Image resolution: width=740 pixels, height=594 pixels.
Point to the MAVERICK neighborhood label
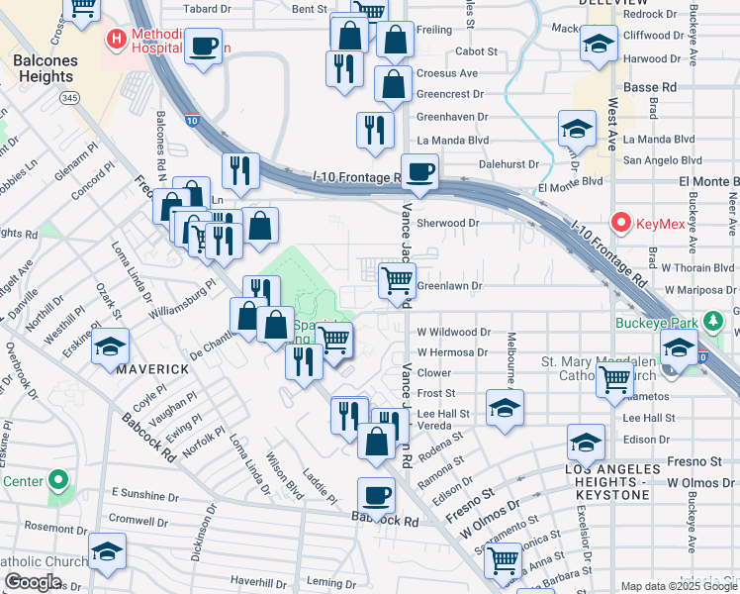[x=152, y=369]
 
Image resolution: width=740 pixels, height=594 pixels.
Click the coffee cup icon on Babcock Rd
[x=375, y=494]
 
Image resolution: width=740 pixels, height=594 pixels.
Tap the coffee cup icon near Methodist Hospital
[x=204, y=46]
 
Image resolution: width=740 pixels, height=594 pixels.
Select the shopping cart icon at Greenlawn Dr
[x=397, y=280]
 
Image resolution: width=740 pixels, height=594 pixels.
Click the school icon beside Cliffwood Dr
[x=598, y=44]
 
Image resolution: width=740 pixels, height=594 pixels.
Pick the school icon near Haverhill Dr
[x=107, y=554]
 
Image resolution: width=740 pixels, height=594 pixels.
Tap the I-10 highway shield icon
[x=191, y=120]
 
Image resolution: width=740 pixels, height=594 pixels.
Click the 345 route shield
[x=69, y=98]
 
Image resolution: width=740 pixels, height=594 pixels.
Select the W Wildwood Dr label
[x=453, y=333]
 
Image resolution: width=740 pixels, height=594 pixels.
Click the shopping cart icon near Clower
[x=615, y=378]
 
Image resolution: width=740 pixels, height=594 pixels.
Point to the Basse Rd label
[x=649, y=87]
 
